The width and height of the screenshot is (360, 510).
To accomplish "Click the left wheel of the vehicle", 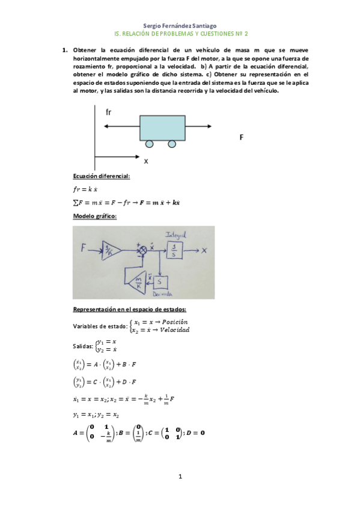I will pos(149,144).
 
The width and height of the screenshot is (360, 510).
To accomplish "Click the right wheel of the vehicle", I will pos(172,144).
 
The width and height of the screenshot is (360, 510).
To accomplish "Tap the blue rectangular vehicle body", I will pos(162,127).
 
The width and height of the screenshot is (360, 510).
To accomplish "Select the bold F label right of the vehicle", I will pos(241,137).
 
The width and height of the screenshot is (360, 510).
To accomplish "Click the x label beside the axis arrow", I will pos(145,161).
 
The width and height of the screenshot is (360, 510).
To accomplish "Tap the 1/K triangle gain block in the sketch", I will pos(111,248).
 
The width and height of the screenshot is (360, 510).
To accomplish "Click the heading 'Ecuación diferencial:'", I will pos(101,176).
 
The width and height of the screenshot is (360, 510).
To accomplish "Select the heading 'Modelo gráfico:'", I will pos(94,216).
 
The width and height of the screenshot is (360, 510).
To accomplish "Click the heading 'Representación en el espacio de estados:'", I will pos(129,309).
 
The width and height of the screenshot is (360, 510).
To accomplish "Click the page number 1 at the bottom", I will pos(180,477).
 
